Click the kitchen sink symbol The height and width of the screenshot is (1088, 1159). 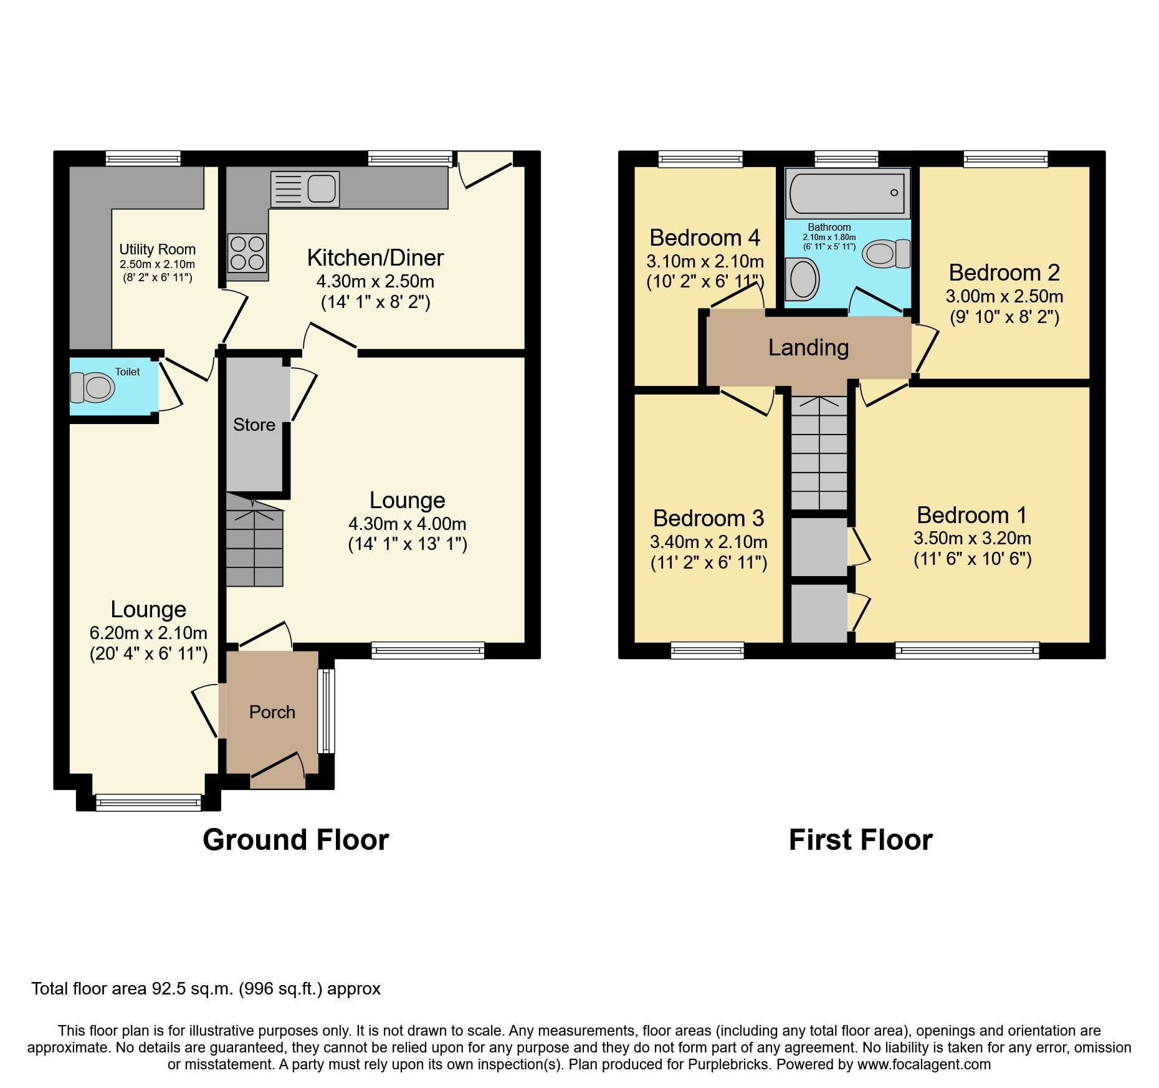pyautogui.click(x=305, y=189)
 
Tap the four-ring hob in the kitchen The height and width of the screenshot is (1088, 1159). pyautogui.click(x=247, y=253)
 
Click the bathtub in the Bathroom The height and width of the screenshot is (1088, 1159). pyautogui.click(x=847, y=193)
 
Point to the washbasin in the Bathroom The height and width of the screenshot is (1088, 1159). pyautogui.click(x=802, y=279)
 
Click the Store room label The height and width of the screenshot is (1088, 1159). pyautogui.click(x=254, y=425)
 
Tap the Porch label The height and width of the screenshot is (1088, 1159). pyautogui.click(x=272, y=712)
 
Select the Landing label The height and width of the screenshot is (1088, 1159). pyautogui.click(x=808, y=347)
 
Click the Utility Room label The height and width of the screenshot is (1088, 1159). pyautogui.click(x=158, y=249)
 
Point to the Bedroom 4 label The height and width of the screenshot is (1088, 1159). pyautogui.click(x=705, y=238)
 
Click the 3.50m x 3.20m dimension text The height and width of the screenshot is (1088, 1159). pyautogui.click(x=972, y=538)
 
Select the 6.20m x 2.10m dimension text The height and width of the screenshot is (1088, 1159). pyautogui.click(x=148, y=633)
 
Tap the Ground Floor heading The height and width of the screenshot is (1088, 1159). pyautogui.click(x=296, y=840)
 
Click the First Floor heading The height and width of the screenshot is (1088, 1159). pyautogui.click(x=861, y=840)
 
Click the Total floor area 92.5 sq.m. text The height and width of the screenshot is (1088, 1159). pyautogui.click(x=206, y=989)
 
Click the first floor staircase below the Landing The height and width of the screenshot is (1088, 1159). pyautogui.click(x=819, y=453)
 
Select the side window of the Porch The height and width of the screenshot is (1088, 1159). pyautogui.click(x=326, y=711)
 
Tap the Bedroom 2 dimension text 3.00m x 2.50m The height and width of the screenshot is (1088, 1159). pyautogui.click(x=1004, y=296)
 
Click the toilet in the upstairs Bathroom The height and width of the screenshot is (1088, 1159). pyautogui.click(x=886, y=254)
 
